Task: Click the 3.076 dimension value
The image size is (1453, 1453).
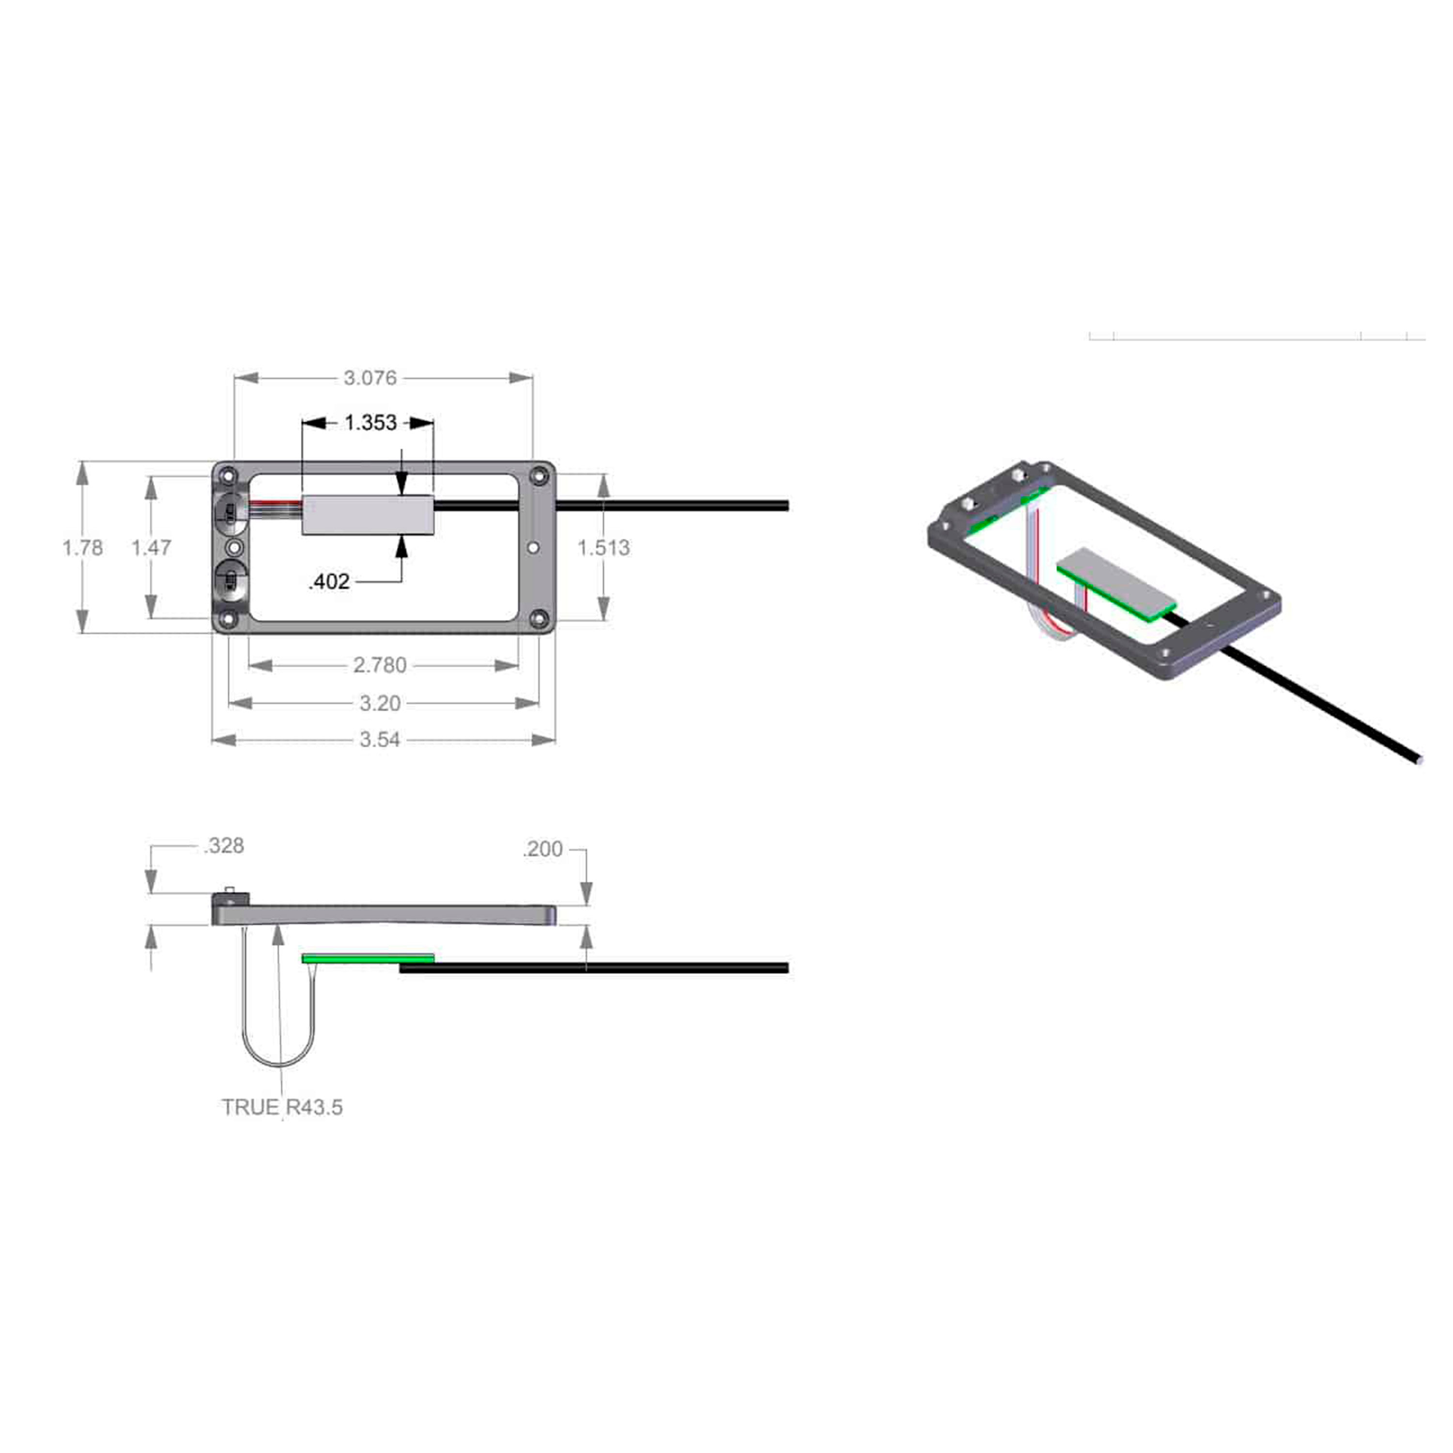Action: [370, 378]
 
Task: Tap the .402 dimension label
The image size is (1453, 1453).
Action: [329, 581]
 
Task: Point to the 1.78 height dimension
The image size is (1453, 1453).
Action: [83, 547]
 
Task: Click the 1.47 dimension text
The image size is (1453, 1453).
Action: [151, 547]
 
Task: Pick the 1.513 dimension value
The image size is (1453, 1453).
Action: [603, 547]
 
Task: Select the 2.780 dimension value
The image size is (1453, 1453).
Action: [380, 665]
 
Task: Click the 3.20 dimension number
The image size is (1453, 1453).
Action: [380, 703]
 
